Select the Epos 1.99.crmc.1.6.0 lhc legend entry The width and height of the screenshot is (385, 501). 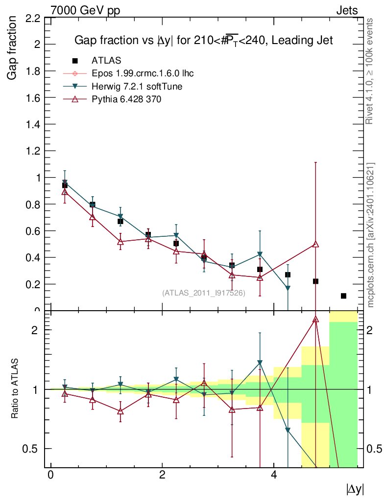143,73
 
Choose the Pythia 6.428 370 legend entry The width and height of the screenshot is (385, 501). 126,99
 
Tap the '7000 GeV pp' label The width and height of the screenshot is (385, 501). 85,10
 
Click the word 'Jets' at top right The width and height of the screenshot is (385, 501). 346,10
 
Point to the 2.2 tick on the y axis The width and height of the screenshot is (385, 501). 31,19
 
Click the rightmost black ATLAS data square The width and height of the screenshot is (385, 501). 343,296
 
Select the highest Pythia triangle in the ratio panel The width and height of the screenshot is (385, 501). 315,319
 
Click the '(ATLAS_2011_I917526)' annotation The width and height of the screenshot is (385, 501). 204,293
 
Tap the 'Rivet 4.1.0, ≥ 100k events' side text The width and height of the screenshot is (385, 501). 370,71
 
